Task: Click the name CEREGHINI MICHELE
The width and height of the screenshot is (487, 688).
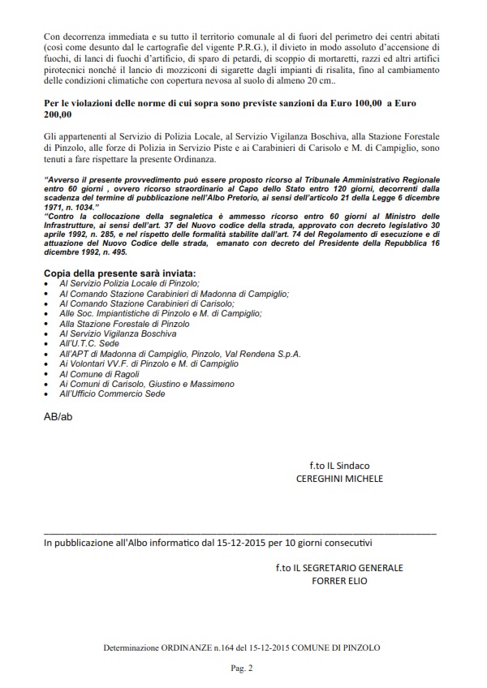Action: point(339,479)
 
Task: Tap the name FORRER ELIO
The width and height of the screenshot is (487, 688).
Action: point(339,581)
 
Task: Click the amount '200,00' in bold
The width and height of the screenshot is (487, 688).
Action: point(59,117)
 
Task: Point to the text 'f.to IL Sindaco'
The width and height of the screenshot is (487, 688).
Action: point(339,465)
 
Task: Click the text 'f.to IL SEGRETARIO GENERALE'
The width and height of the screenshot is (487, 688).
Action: point(339,567)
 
